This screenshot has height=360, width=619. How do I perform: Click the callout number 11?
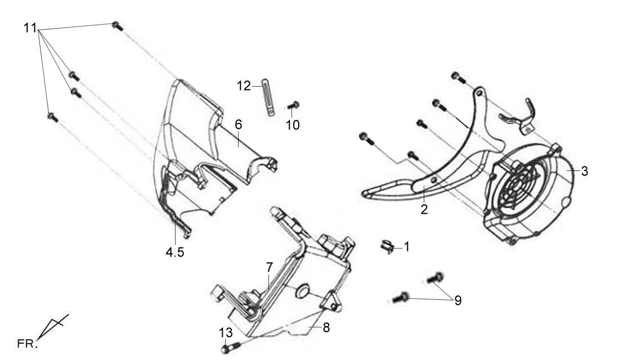[30, 28]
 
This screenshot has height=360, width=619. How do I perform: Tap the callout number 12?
[244, 85]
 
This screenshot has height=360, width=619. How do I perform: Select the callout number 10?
[293, 125]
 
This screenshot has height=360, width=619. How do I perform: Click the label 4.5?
[175, 252]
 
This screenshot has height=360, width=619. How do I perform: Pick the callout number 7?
[269, 267]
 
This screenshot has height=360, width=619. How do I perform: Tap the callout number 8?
[326, 327]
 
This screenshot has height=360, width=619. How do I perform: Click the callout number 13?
[226, 332]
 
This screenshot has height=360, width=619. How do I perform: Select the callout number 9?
[458, 300]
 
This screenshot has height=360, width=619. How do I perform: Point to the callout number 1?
[407, 247]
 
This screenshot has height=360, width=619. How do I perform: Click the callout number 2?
[424, 209]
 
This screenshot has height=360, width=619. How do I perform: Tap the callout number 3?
[585, 171]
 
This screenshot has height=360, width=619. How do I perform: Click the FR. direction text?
[28, 344]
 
